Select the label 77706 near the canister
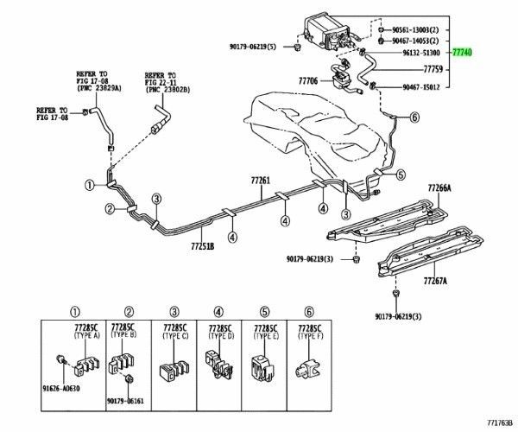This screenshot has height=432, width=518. tap(308, 81)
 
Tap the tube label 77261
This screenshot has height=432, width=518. tap(261, 181)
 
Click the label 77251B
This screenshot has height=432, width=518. tap(201, 245)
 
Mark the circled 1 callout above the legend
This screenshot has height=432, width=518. tap(74, 312)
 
